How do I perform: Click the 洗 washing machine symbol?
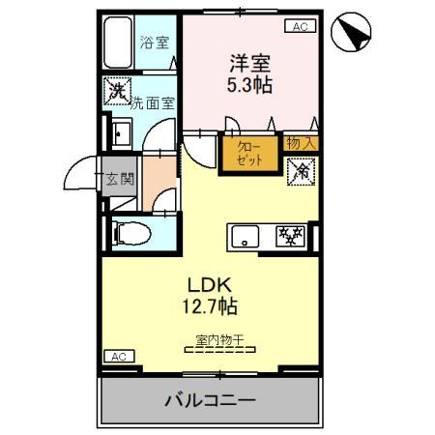click(118, 94)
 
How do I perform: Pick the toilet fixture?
click(130, 233)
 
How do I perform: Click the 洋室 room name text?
click(250, 63)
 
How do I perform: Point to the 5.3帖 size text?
click(250, 85)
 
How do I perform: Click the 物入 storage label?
click(300, 142)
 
